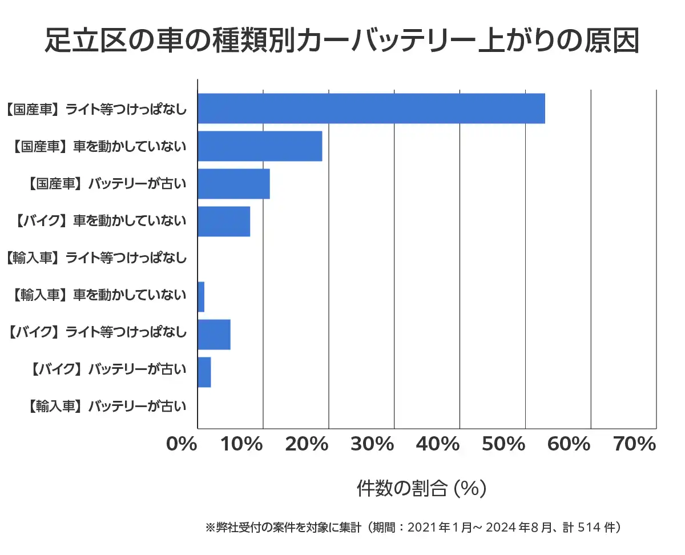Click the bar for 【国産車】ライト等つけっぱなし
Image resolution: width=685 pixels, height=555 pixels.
coord(371,108)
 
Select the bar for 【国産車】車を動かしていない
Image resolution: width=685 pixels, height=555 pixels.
coord(260,146)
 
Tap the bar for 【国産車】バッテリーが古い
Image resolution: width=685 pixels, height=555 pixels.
coord(233,184)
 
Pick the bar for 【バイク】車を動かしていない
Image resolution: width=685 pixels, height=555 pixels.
coord(224,222)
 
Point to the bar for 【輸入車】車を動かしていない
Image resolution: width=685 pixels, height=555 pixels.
coord(201,297)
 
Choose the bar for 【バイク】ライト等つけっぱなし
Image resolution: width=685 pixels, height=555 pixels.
coord(214,335)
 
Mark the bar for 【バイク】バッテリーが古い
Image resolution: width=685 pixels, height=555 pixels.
coord(204,372)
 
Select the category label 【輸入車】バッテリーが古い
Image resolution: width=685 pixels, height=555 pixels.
coord(106,407)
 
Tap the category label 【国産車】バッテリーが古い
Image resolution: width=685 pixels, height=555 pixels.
coord(106,184)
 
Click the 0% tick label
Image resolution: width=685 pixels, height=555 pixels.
coord(181,444)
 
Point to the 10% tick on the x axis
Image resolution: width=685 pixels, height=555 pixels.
coord(247,444)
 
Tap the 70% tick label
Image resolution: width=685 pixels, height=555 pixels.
coord(634,444)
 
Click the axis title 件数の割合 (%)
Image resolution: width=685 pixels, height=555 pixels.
coord(421,489)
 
